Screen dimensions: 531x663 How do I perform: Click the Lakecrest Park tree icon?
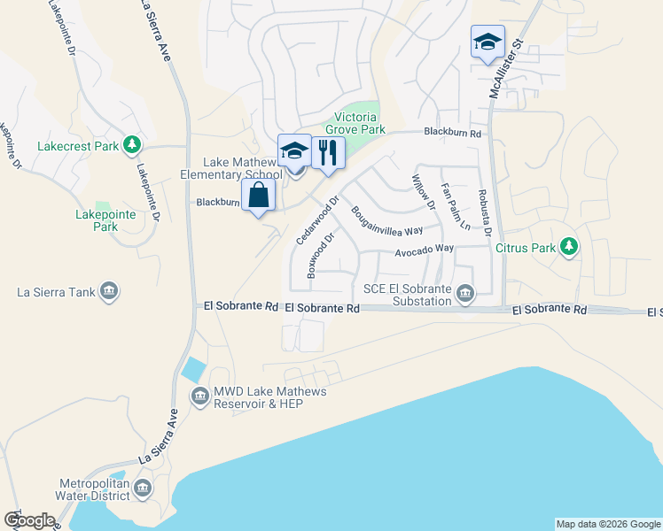pyautogui.click(x=132, y=143)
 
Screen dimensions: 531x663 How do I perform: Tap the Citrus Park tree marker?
pyautogui.click(x=569, y=248)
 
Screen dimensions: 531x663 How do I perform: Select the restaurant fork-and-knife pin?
pyautogui.click(x=328, y=152)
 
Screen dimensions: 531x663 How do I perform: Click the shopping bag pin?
pyautogui.click(x=258, y=196)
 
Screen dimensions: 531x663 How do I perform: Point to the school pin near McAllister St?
pyautogui.click(x=487, y=42)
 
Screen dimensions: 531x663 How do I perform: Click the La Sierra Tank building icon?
pyautogui.click(x=109, y=291)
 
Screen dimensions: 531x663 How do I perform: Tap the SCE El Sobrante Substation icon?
pyautogui.click(x=465, y=294)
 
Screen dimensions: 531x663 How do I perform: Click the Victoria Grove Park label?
pyautogui.click(x=360, y=124)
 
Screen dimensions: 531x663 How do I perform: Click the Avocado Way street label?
pyautogui.click(x=424, y=250)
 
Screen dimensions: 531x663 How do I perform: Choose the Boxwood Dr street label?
pyautogui.click(x=320, y=256)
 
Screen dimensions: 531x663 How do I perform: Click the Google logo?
pyautogui.click(x=29, y=520)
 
